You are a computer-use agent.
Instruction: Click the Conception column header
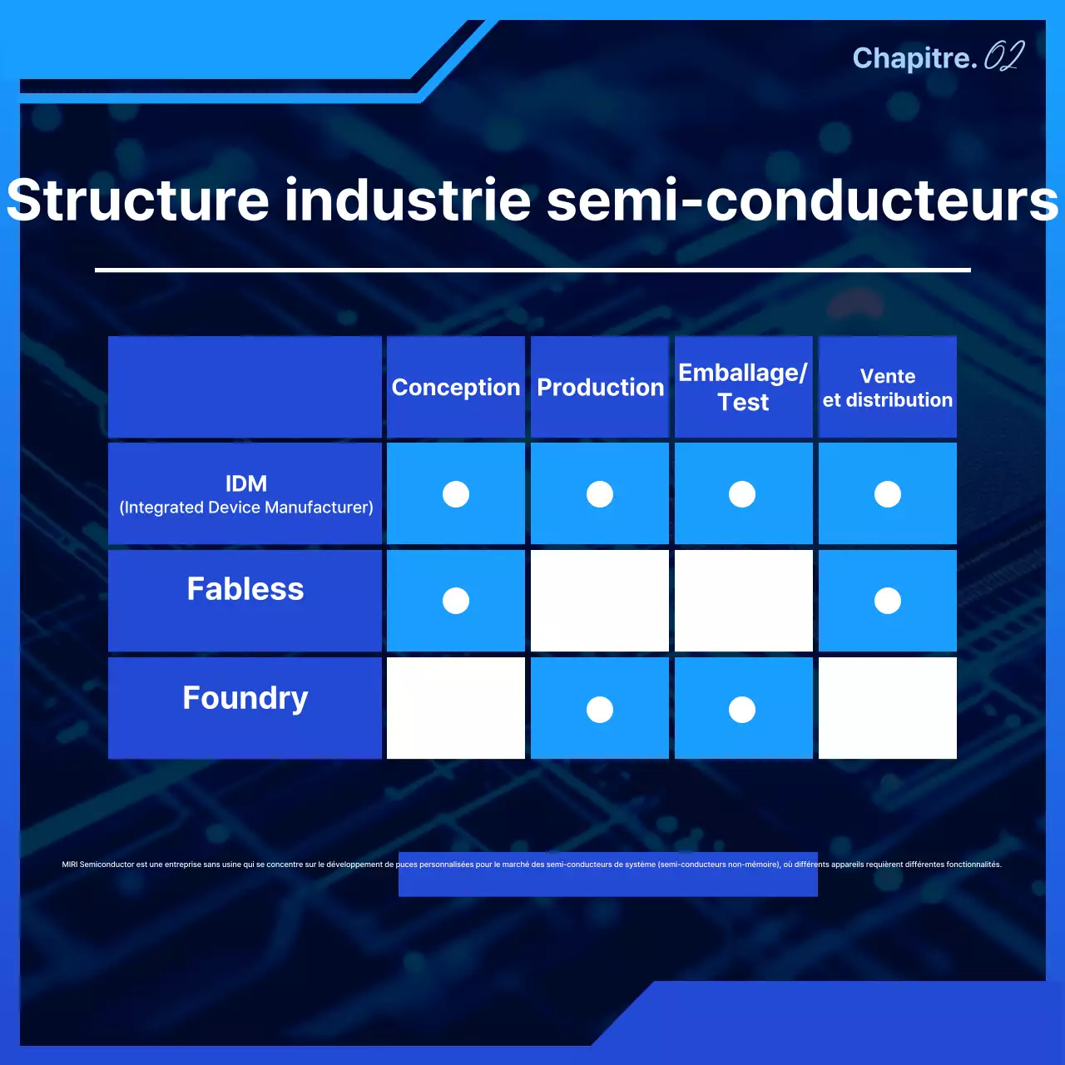[x=455, y=388]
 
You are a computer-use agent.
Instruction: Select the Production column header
[x=600, y=388]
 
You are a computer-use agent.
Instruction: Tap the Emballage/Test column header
[x=743, y=388]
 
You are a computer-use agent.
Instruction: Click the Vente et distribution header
[x=887, y=388]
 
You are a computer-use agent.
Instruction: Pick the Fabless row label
[x=245, y=589]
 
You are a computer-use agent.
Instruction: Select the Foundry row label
[x=245, y=698]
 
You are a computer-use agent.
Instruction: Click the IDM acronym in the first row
[x=246, y=483]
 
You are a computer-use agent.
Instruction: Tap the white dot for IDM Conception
[x=456, y=494]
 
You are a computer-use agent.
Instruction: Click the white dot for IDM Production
[x=600, y=494]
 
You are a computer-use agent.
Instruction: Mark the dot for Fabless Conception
[x=456, y=601]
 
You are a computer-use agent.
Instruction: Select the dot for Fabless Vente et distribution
[x=888, y=601]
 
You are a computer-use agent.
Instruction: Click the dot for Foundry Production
[x=600, y=710]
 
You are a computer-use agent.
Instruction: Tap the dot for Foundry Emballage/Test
[x=742, y=710]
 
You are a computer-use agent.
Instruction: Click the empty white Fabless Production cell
[x=600, y=601]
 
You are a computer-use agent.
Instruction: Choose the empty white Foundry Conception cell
[x=456, y=708]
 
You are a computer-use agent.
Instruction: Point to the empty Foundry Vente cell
[x=888, y=708]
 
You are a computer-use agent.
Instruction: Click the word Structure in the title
[x=138, y=201]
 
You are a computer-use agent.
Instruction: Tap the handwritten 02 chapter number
[x=1003, y=57]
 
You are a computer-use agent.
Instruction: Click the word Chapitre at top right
[x=912, y=58]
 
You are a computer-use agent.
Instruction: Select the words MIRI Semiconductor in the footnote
[x=98, y=864]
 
